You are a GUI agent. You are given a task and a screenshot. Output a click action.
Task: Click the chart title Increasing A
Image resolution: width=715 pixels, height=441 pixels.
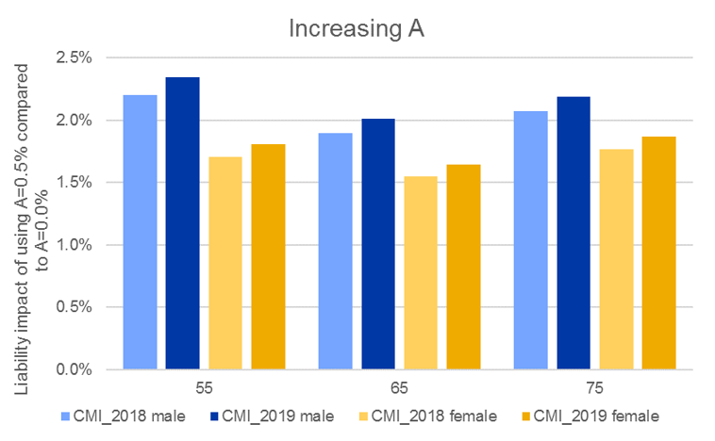[357, 29]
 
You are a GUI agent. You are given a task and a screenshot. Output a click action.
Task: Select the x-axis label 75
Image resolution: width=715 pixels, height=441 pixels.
[594, 387]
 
